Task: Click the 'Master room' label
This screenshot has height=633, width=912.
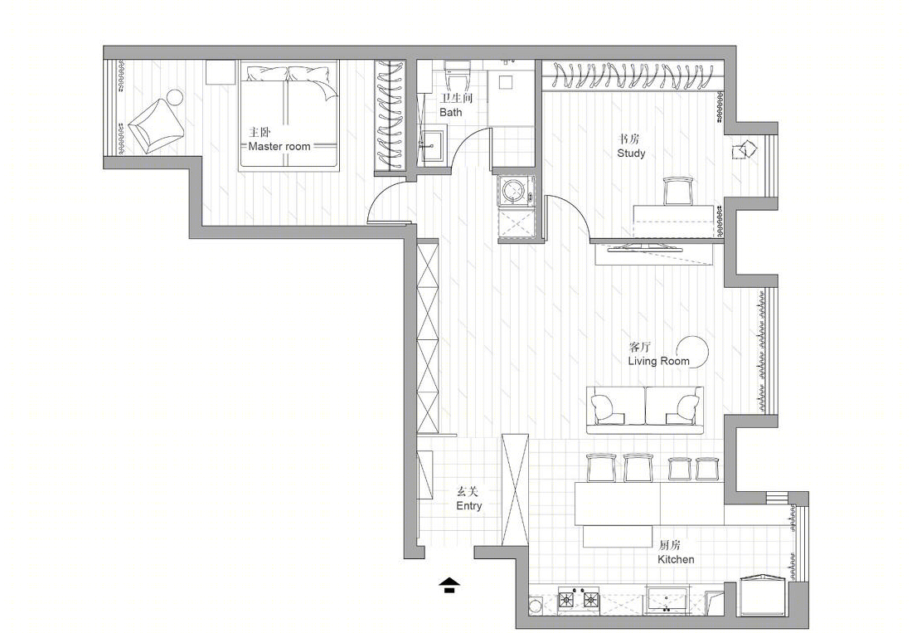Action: [x=279, y=146]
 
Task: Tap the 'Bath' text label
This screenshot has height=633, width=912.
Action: [x=451, y=112]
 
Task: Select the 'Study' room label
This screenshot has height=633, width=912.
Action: [x=631, y=153]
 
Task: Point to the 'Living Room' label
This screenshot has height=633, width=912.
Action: [x=658, y=361]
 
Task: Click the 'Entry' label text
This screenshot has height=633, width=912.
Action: [x=468, y=505]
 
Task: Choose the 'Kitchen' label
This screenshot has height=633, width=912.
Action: [x=676, y=559]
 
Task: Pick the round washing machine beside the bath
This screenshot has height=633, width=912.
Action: [x=514, y=190]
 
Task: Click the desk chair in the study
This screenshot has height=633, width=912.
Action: [x=678, y=191]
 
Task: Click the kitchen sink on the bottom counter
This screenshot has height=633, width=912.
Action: [x=669, y=599]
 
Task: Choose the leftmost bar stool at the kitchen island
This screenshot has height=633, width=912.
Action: [x=602, y=468]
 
